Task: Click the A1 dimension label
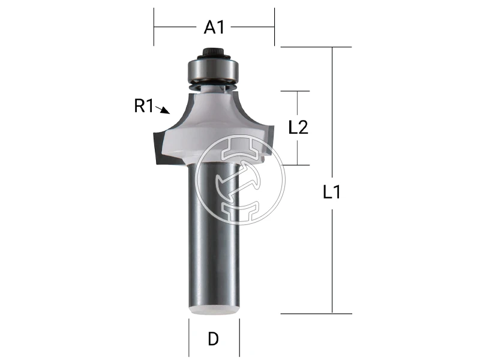pos(214,27)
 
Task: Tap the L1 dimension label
pos(332,193)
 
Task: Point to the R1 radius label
pos(143,107)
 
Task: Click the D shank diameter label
pos(213,339)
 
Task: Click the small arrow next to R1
pos(163,110)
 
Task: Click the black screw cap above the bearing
pos(214,52)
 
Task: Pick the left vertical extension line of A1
pos(154,27)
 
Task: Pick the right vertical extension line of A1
pos(274,27)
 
